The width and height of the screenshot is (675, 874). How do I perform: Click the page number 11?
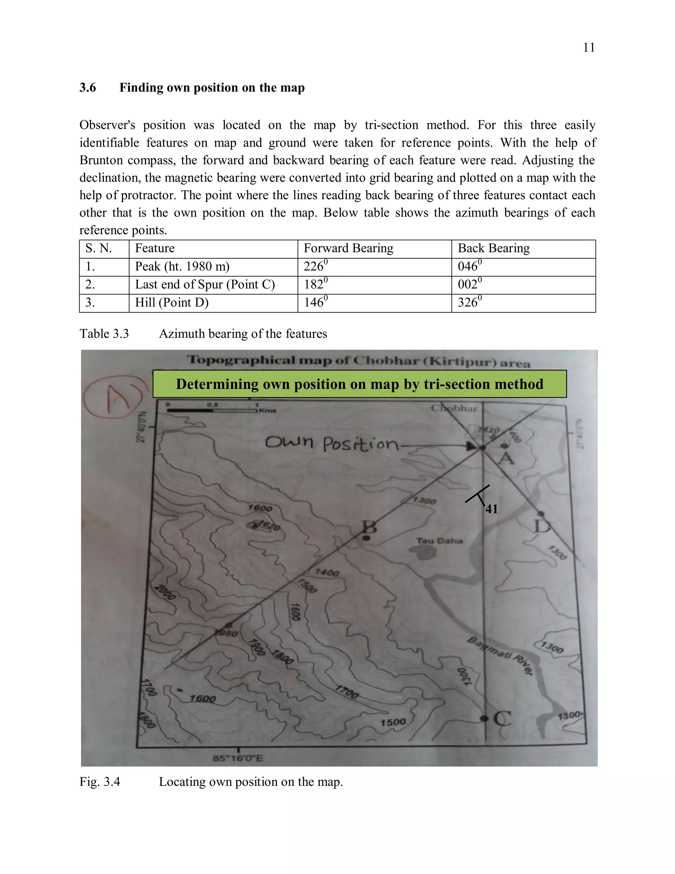589,47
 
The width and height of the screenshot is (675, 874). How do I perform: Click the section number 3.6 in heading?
88,88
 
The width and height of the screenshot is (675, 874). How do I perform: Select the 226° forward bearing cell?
315,266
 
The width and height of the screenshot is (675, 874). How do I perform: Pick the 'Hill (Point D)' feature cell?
172,302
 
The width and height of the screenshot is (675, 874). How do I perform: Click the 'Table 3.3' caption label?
104,334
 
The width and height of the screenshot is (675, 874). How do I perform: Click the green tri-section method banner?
359,384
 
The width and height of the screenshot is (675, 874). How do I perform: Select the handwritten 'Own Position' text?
332,443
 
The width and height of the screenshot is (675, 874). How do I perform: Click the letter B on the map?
369,527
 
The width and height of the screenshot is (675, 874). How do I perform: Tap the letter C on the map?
502,719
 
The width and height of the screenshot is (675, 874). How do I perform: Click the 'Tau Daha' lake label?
439,541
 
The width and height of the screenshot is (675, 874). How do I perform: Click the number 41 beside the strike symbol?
491,509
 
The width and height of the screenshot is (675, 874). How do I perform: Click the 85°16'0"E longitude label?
238,758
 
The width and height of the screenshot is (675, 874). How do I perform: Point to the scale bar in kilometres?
212,409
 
